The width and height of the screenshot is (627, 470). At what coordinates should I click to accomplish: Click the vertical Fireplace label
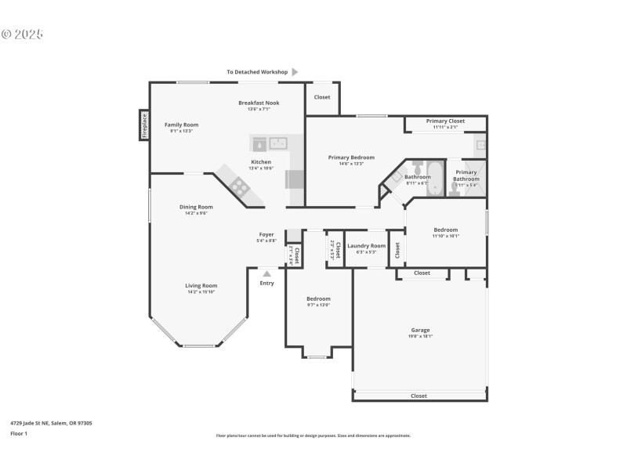[x=144, y=125]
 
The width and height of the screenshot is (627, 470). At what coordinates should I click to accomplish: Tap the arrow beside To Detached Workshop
[x=295, y=72]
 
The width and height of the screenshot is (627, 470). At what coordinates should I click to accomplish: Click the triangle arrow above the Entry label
[x=266, y=274]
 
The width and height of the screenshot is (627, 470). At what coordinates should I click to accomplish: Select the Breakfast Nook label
[x=259, y=103]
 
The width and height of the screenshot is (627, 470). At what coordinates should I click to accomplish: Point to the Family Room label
[x=181, y=125]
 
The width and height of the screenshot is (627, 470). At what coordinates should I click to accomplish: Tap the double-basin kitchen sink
[x=277, y=143]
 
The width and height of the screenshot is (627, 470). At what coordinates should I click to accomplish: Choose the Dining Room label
[x=195, y=207]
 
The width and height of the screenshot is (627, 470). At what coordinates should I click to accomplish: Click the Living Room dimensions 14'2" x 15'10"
[x=201, y=292]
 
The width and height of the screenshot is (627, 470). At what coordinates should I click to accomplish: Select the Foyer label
[x=266, y=234]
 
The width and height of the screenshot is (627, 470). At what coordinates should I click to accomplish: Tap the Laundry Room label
[x=367, y=246]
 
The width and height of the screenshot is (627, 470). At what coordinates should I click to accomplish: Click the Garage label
[x=420, y=330]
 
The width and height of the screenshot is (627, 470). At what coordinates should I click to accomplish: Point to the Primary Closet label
[x=445, y=121]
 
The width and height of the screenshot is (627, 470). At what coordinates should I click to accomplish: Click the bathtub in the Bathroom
[x=434, y=171]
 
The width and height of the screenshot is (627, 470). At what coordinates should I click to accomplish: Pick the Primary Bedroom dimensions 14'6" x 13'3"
[x=350, y=164]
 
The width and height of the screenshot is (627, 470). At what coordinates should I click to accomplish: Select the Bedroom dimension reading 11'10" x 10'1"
[x=445, y=236]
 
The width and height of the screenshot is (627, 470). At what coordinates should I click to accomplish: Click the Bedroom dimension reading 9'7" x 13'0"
[x=318, y=305]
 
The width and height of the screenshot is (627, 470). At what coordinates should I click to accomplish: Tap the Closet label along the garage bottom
[x=419, y=396]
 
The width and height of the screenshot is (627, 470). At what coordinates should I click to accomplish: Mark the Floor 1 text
[x=19, y=432]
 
